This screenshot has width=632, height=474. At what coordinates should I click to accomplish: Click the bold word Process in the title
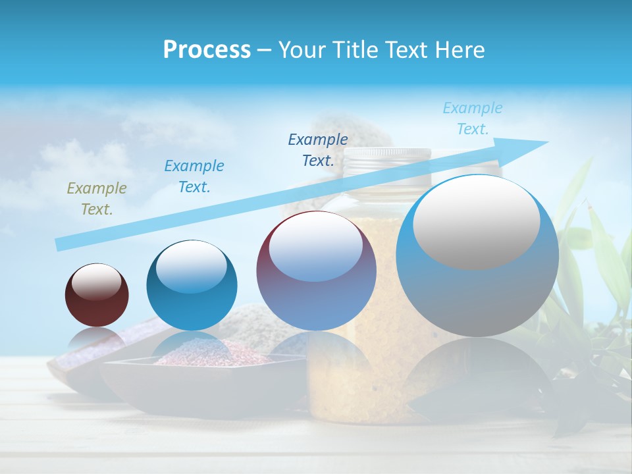tap(207, 50)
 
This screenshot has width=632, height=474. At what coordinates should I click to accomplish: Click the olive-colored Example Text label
tap(96, 199)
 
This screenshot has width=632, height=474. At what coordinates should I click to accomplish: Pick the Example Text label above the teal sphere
tap(194, 176)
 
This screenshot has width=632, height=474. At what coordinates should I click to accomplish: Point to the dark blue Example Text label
tap(318, 150)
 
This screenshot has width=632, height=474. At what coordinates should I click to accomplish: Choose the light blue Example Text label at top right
tap(472, 118)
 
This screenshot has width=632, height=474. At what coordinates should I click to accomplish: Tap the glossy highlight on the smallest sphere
tap(97, 282)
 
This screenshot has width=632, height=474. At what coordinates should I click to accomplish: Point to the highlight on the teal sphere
tap(191, 267)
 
